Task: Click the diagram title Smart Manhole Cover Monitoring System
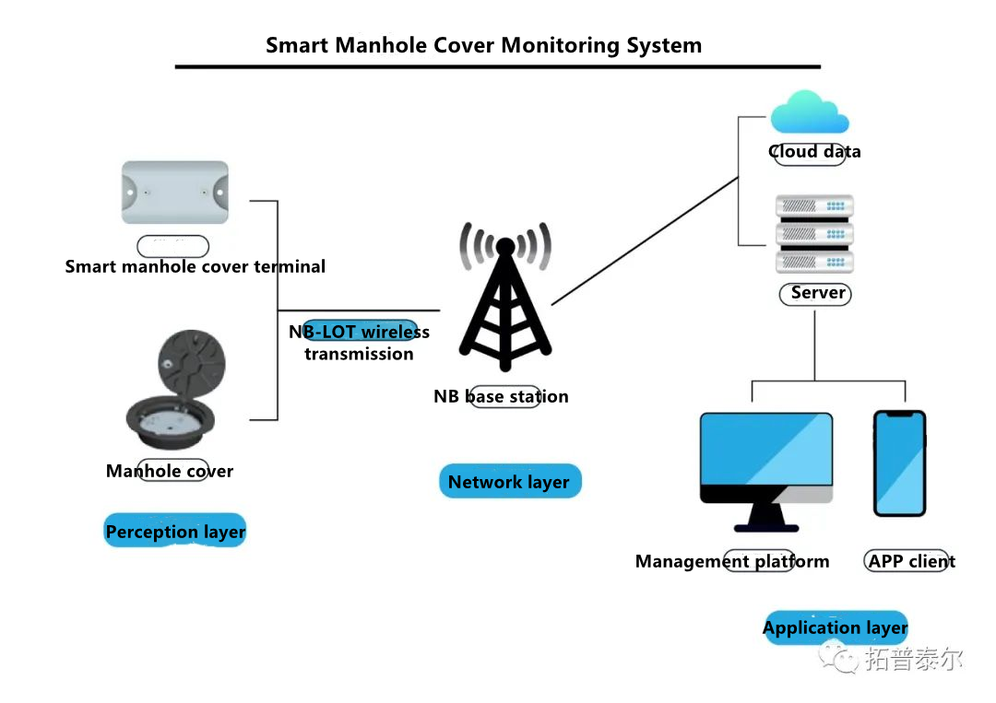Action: pyautogui.click(x=483, y=45)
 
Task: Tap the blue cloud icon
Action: pyautogui.click(x=809, y=112)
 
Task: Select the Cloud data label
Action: pyautogui.click(x=814, y=152)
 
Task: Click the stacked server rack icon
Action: pyautogui.click(x=814, y=234)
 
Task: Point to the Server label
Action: pyautogui.click(x=817, y=293)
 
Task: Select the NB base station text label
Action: pyautogui.click(x=501, y=397)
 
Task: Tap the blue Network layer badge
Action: pyautogui.click(x=509, y=482)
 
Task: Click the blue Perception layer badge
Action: pyautogui.click(x=175, y=532)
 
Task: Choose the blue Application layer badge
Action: pyautogui.click(x=836, y=628)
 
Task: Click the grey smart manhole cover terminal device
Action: pyautogui.click(x=174, y=193)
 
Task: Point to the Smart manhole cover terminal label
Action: pyautogui.click(x=195, y=267)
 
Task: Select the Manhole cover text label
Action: pyautogui.click(x=170, y=472)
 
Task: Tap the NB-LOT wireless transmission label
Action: pyautogui.click(x=359, y=343)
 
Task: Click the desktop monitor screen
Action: pyautogui.click(x=765, y=457)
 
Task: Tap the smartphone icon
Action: pyautogui.click(x=899, y=463)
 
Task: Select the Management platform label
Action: pyautogui.click(x=732, y=562)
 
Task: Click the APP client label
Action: pyautogui.click(x=911, y=562)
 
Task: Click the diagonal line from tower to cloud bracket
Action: pyautogui.click(x=646, y=240)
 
